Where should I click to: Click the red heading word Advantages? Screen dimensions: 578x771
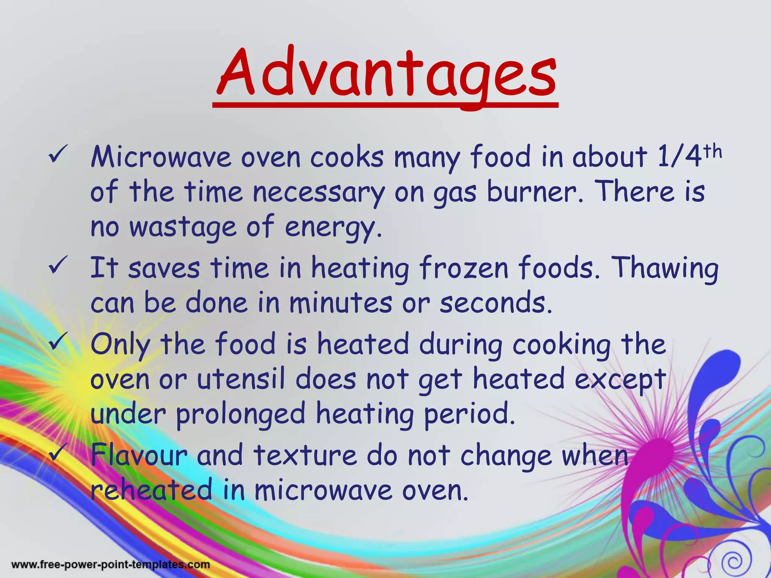click(385, 73)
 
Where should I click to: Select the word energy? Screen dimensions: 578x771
click(333, 228)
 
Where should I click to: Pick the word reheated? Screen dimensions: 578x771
click(151, 490)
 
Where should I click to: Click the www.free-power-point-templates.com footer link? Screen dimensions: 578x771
click(110, 564)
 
